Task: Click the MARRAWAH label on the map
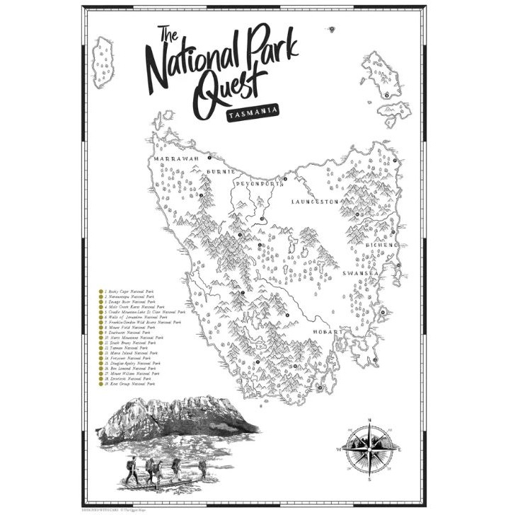coord(172,160)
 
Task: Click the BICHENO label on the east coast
coord(382,245)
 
